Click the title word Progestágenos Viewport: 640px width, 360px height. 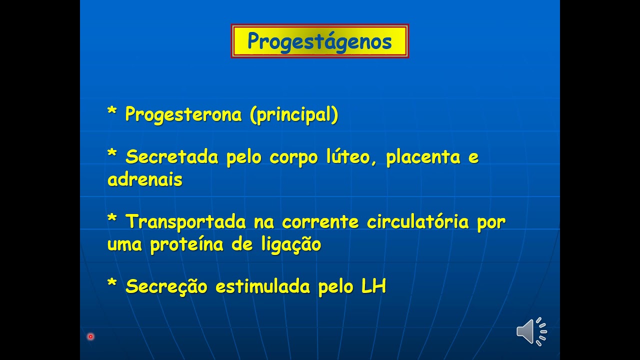point(319,41)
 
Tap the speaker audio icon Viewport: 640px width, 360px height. point(531,331)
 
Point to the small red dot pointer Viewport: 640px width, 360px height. point(90,336)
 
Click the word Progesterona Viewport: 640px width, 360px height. point(183,115)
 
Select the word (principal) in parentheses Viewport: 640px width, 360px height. point(294,115)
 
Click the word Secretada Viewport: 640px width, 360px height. point(171,156)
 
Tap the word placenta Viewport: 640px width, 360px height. point(423,156)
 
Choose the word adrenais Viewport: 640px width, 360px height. point(145,179)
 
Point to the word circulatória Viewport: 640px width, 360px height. point(417,221)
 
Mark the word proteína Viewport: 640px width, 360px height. point(186,244)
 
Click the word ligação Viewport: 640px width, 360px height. point(291,245)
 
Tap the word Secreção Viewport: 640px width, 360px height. point(166,286)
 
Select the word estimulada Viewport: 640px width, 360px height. point(262,285)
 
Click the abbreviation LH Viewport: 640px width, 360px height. point(373,285)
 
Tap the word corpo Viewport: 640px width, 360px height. point(293,157)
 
